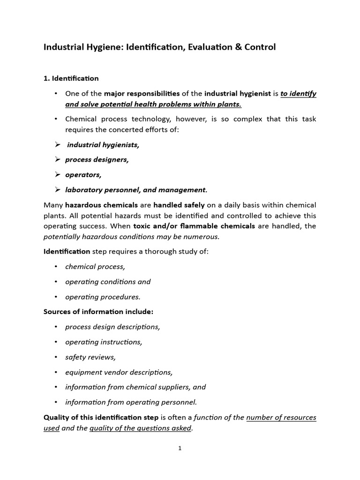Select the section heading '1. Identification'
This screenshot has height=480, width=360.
pyautogui.click(x=71, y=78)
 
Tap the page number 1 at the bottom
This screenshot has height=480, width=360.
pyautogui.click(x=180, y=448)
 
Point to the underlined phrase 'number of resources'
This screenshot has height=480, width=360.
pyautogui.click(x=281, y=417)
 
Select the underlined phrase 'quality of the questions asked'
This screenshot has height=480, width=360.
pyautogui.click(x=140, y=428)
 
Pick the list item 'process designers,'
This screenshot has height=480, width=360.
pyautogui.click(x=97, y=159)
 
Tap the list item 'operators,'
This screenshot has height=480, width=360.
pyautogui.click(x=83, y=174)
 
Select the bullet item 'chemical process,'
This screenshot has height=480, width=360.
pyautogui.click(x=95, y=267)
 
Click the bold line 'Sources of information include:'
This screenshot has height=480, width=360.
pyautogui.click(x=98, y=312)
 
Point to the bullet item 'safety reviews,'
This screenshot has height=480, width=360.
pyautogui.click(x=90, y=357)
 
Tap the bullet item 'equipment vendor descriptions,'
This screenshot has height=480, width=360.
pyautogui.click(x=119, y=372)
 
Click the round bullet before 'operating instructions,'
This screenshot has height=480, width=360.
pyautogui.click(x=56, y=342)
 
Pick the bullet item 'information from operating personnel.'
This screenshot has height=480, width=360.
pyautogui.click(x=131, y=402)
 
